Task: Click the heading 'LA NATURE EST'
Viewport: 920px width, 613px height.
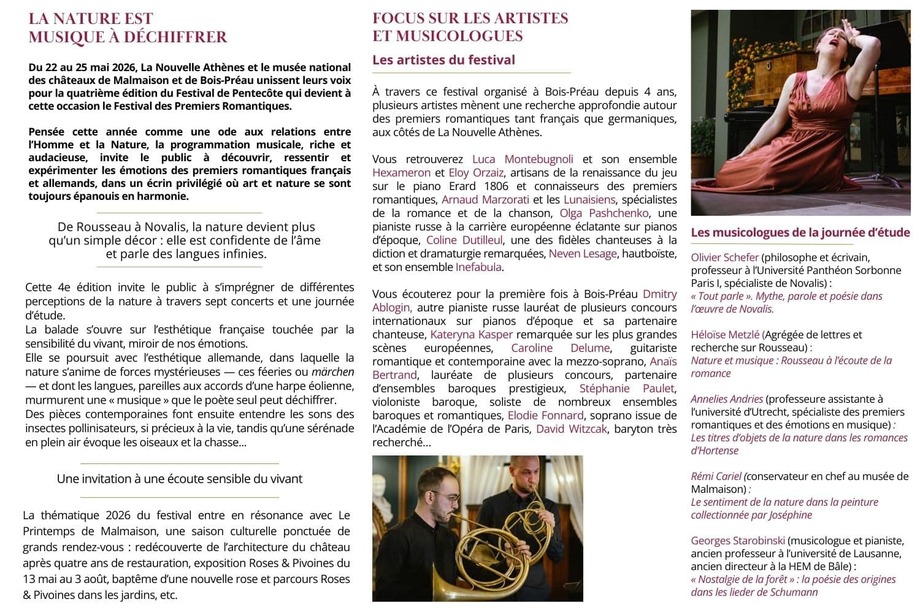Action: tap(91, 19)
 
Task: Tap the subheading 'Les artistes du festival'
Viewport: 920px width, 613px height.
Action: tap(443, 60)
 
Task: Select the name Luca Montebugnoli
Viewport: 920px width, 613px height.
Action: tap(523, 159)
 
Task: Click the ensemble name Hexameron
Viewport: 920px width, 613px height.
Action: tap(401, 173)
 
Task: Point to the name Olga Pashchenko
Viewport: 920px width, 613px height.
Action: tap(604, 213)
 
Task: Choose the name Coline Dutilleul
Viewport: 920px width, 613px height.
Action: tap(464, 240)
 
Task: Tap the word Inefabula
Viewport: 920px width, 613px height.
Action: tap(478, 267)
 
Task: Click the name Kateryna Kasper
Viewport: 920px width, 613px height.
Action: tap(471, 335)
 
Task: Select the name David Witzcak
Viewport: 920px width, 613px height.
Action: tap(571, 429)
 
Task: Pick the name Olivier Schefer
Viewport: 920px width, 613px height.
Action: tap(724, 257)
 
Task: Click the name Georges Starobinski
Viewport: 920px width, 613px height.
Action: tap(738, 541)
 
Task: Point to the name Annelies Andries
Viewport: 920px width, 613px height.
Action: tap(727, 399)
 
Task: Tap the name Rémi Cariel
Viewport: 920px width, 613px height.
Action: tap(716, 476)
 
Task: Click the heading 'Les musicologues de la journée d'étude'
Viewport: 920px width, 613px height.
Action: tap(800, 233)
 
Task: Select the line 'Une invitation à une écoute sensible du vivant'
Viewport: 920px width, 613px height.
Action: tap(180, 479)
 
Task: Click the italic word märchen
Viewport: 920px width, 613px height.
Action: tap(332, 372)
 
